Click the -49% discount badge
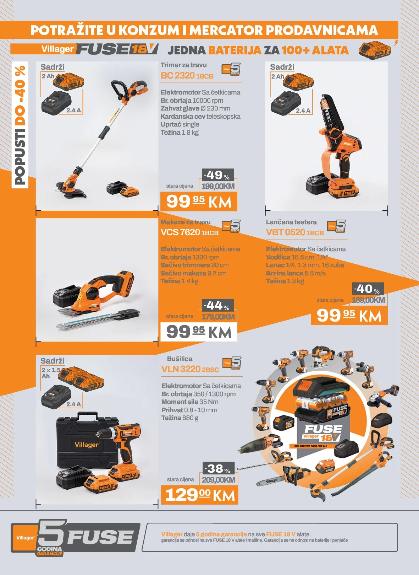coord(218,175)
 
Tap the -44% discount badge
coord(218,305)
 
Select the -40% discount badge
coord(368,289)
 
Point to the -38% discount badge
coord(219,468)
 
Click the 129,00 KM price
coord(199,495)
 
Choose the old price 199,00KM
coord(218,186)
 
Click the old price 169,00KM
coord(368,300)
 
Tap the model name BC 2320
coord(178,76)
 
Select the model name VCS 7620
coord(180,232)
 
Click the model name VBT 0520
coord(286,232)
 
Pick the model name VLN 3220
coord(181,369)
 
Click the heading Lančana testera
coord(291,222)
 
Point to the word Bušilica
coord(180,359)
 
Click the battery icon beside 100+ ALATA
coord(375,50)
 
